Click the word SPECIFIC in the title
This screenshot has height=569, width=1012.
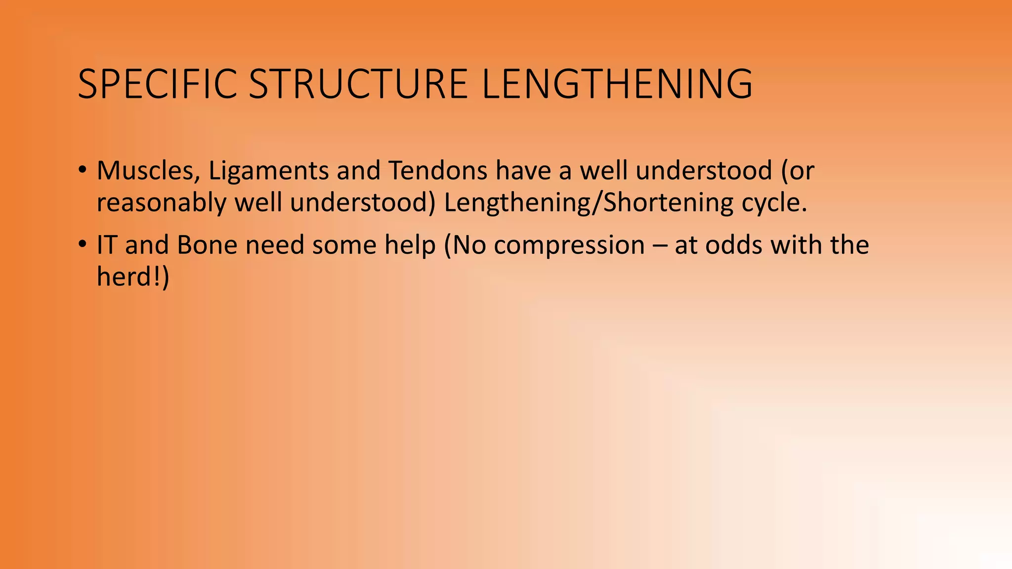point(157,84)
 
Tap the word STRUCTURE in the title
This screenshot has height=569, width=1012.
point(358,84)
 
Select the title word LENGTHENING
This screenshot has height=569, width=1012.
point(617,84)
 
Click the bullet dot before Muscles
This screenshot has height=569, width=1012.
point(82,169)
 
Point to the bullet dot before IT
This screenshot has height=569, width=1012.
point(82,244)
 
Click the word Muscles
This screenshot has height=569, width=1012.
point(148,171)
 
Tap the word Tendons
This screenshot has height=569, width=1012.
point(438,171)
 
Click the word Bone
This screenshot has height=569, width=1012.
point(207,245)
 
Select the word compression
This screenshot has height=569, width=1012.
point(569,246)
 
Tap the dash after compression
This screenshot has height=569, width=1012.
point(660,246)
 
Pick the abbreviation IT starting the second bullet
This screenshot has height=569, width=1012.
point(107,245)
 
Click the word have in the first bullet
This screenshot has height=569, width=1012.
point(523,171)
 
